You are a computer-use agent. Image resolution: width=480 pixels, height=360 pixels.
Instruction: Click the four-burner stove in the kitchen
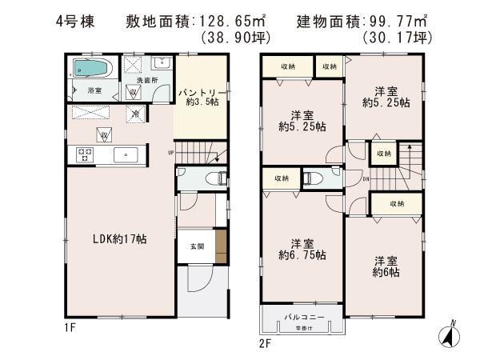[x=85, y=154]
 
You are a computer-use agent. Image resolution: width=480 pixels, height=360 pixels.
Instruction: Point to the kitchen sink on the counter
[x=123, y=154]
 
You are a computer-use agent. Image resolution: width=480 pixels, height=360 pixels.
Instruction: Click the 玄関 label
[x=196, y=246]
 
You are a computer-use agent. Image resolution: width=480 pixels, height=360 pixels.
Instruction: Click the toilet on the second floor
[x=314, y=178]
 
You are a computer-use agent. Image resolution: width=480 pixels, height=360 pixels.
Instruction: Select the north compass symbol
[x=451, y=334]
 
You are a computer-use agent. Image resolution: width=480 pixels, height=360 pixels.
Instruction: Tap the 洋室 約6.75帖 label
[x=302, y=249]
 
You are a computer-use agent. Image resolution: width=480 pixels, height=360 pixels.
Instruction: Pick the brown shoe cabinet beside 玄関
[x=221, y=242]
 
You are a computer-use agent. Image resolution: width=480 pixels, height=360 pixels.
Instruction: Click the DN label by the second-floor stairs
[x=365, y=178]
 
